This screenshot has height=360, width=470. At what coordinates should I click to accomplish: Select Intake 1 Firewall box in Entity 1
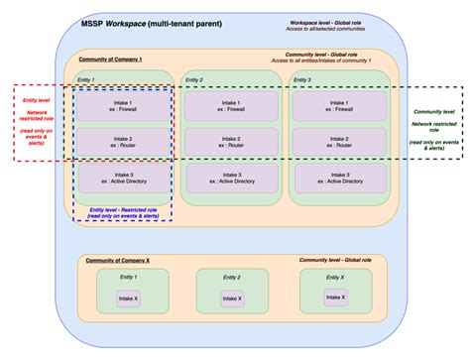pos(123,104)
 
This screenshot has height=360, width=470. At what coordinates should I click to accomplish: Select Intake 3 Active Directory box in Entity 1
pos(123,180)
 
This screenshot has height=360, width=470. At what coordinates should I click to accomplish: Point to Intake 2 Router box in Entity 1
pos(123,141)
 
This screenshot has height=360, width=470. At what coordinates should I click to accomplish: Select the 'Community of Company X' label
pos(118,260)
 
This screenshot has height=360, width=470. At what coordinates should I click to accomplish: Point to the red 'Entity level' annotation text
pos(38,123)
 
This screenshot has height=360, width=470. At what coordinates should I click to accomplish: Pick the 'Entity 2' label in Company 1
pos(195,79)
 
